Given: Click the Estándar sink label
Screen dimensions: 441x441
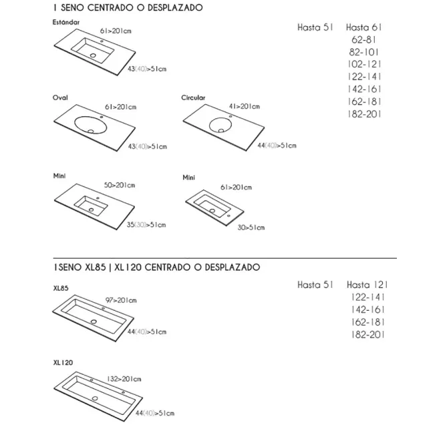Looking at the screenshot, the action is point(66,22).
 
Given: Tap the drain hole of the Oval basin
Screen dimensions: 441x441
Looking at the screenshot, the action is point(91,131).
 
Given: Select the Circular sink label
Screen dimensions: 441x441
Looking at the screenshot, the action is point(193,98).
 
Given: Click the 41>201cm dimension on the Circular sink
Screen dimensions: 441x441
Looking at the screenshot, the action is point(245,106).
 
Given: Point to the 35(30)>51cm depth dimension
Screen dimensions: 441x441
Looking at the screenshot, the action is point(146,225).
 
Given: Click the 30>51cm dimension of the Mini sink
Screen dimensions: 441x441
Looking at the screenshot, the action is point(251,227).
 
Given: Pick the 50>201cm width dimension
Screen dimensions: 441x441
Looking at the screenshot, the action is point(120,185).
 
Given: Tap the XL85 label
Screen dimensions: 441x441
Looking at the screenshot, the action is point(61,288).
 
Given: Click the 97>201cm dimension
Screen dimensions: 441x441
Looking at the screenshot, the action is point(121,301).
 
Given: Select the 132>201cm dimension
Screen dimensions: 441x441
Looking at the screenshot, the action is point(124,379).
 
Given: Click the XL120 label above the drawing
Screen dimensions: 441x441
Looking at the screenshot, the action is point(63,363).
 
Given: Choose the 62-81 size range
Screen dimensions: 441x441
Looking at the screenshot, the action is point(363,39).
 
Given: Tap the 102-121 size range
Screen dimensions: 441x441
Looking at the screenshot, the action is point(365,64).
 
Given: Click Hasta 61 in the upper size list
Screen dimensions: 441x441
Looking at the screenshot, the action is point(364,27).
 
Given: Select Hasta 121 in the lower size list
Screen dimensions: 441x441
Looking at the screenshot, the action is point(367,285).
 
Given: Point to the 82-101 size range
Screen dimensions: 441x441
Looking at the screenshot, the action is point(364,52).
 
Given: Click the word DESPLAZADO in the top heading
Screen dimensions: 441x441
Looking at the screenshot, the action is point(175,7).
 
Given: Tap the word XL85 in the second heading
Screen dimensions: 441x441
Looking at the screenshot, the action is point(96,267).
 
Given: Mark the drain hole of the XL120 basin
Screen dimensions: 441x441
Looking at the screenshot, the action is point(95,398).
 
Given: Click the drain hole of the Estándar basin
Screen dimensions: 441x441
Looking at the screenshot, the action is point(93,55).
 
